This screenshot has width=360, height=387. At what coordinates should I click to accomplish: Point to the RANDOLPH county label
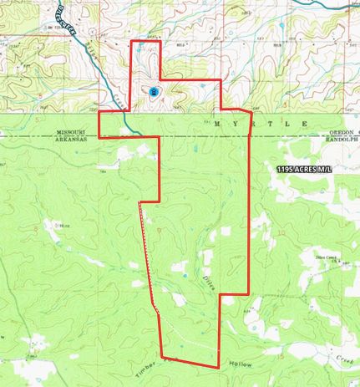coord(344,140)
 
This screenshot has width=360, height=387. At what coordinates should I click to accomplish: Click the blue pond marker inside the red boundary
coord(155,91)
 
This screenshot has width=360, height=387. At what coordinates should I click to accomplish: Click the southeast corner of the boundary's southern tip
coord(218,367)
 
